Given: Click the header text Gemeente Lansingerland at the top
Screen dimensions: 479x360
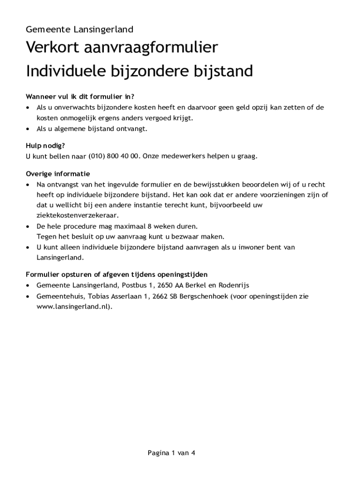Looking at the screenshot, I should [79, 29].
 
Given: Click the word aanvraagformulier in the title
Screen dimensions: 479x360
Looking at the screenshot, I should [151, 48].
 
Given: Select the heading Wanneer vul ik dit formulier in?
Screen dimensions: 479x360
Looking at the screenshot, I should [80, 97].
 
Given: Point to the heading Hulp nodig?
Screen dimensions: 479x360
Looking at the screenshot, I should [45, 145].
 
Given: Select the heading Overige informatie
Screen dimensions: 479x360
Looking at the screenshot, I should [58, 174].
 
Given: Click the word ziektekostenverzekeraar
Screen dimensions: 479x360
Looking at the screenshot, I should [78, 215].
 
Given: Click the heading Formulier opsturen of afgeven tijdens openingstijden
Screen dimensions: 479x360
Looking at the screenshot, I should [117, 274].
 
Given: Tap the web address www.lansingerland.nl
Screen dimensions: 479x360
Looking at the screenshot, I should [73, 307].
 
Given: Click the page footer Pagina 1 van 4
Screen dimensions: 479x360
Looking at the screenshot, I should [171, 453].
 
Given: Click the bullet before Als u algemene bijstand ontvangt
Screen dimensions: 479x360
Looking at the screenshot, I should [28, 129].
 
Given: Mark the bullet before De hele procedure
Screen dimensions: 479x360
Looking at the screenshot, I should [28, 226].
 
